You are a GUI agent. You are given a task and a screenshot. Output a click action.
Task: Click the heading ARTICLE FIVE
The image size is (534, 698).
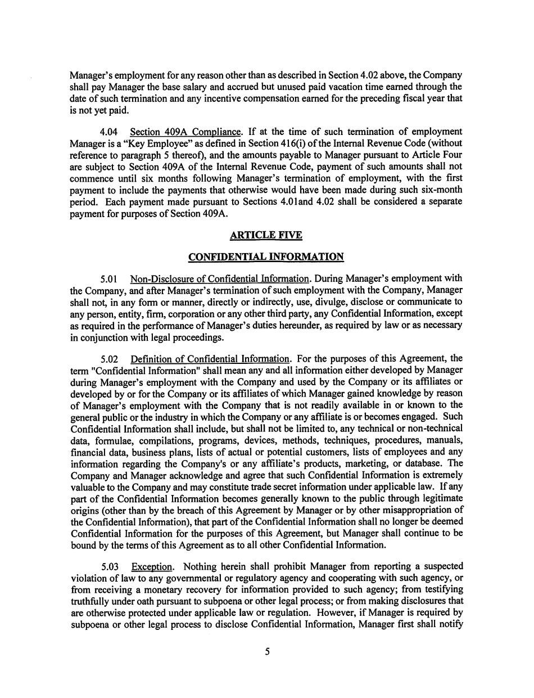[266, 236]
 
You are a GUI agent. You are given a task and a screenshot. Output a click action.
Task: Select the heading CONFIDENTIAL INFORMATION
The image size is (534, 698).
[266, 257]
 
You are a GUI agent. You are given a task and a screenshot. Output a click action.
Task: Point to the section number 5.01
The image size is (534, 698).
[108, 278]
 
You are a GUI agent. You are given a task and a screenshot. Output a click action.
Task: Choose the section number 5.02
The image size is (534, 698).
[108, 359]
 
